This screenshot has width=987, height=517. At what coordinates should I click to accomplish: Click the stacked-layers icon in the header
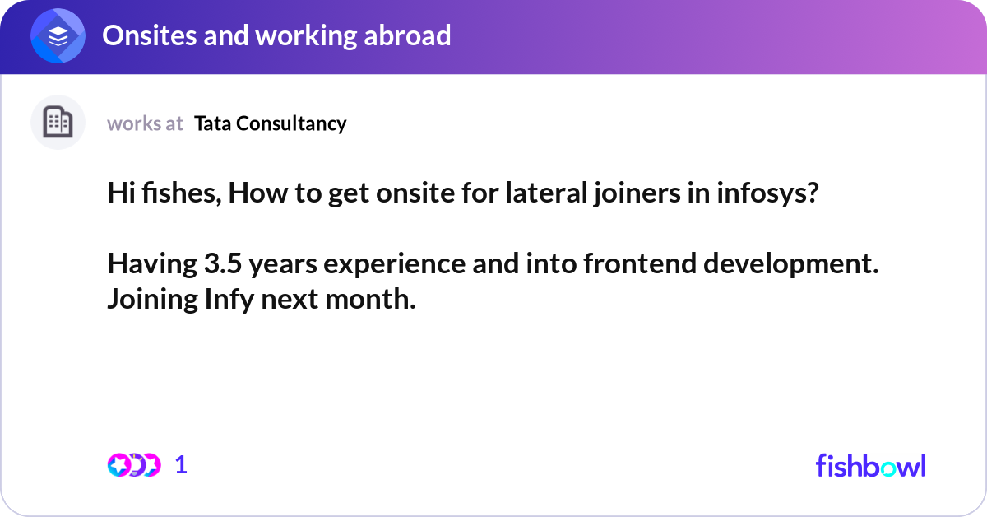[58, 35]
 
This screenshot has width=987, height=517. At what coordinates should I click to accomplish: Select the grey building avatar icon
[58, 123]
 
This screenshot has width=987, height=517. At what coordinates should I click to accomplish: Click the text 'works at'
[145, 123]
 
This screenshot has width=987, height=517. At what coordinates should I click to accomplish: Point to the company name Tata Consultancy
[270, 123]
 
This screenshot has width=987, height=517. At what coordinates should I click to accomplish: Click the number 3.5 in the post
[223, 265]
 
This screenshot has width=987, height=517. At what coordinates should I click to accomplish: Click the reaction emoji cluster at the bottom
[133, 465]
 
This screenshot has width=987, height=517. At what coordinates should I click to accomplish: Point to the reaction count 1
[181, 465]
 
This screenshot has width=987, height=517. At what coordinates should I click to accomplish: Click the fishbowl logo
[870, 465]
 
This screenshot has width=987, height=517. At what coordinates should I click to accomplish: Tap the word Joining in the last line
[152, 300]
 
